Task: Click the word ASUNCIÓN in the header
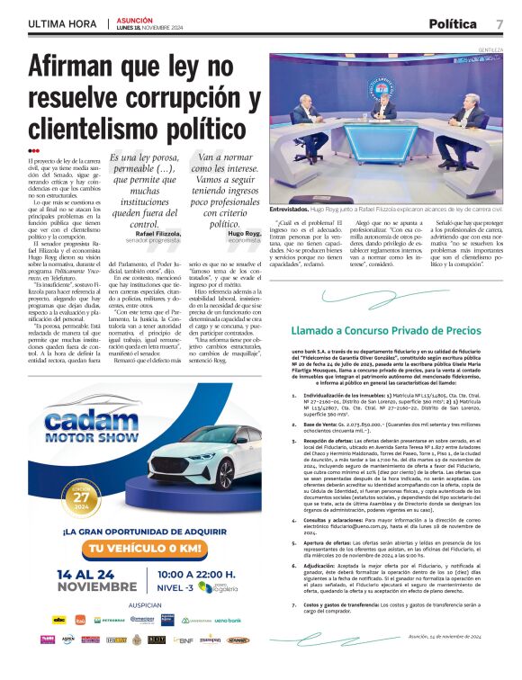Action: click(x=133, y=19)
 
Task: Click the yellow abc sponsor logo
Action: click(x=59, y=644)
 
